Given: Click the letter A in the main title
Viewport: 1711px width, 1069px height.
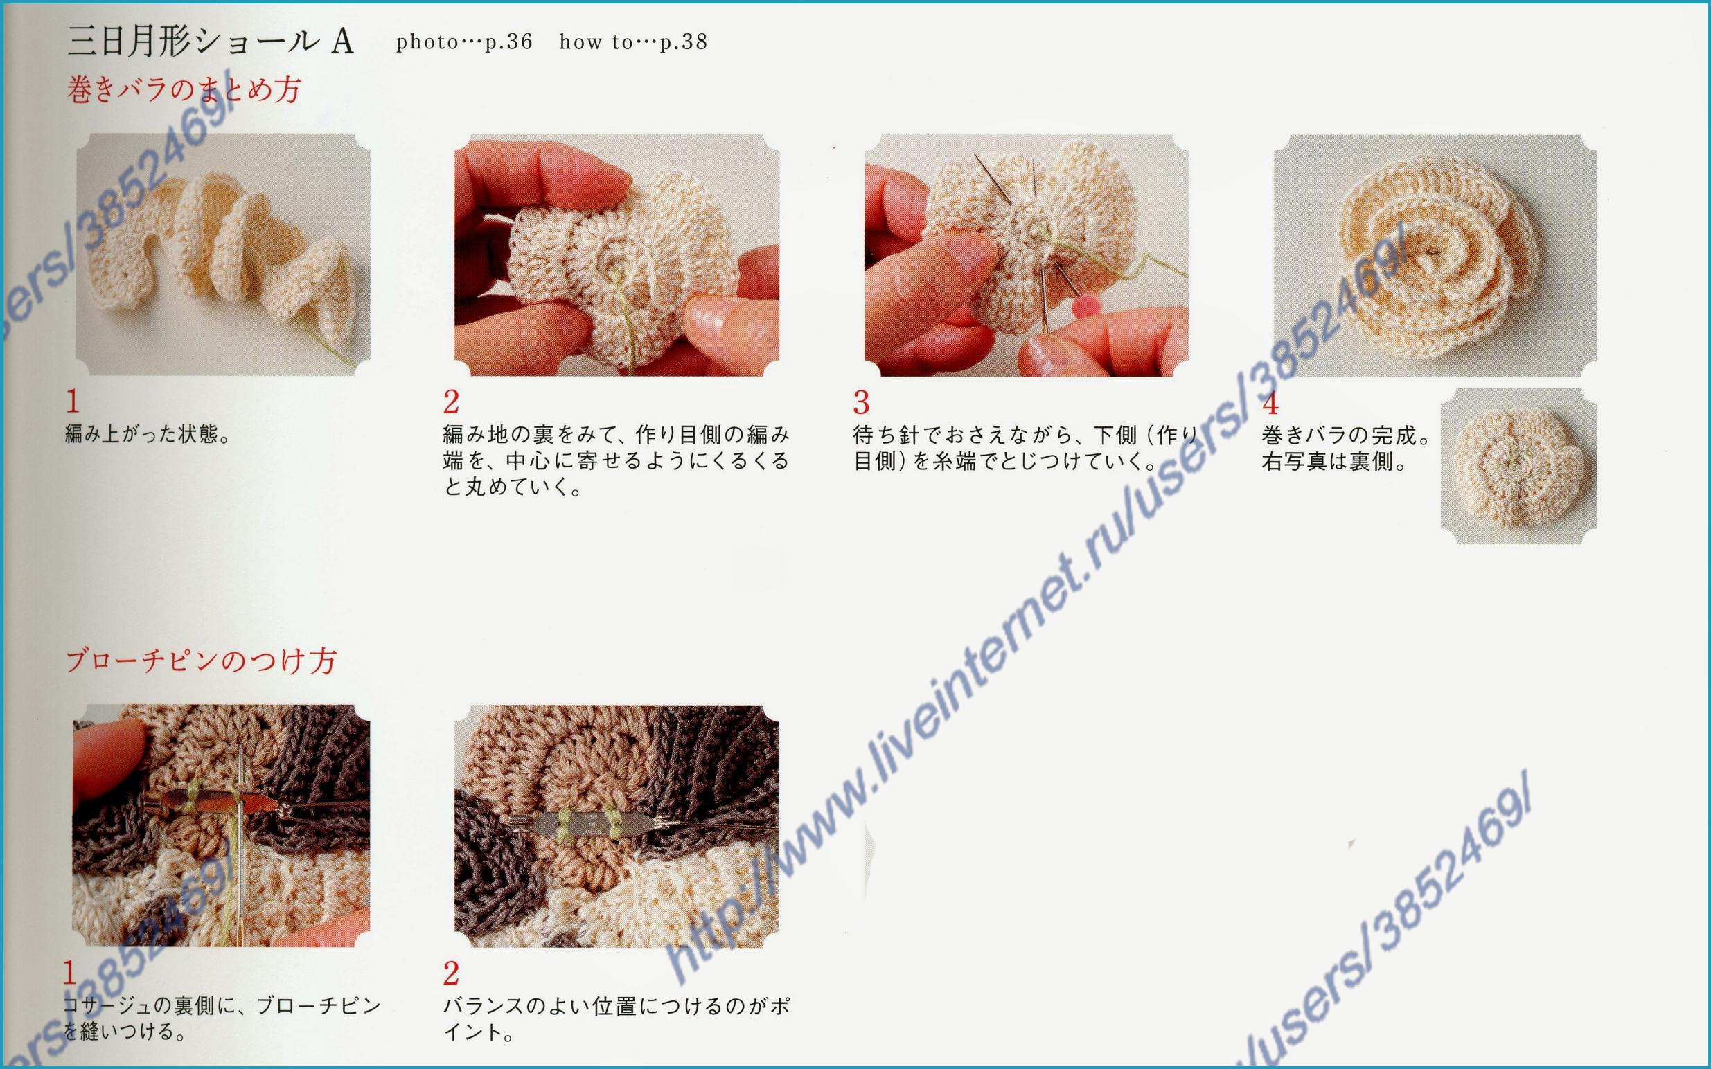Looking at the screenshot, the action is tap(342, 42).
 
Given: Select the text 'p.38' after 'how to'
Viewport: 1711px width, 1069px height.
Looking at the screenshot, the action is tap(684, 42).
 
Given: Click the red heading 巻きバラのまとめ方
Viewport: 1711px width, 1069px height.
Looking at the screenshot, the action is tap(184, 90).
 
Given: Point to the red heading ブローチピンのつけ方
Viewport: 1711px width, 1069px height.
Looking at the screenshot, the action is tap(202, 661).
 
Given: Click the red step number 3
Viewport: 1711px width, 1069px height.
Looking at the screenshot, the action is tap(861, 403).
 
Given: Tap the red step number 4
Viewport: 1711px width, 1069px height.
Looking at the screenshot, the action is tap(1270, 403).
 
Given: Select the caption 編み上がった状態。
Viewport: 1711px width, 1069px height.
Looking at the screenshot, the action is tap(148, 433).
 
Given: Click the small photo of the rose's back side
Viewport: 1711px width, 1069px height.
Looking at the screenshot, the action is tap(1518, 466).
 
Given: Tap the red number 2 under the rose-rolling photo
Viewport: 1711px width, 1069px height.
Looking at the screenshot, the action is tap(451, 402).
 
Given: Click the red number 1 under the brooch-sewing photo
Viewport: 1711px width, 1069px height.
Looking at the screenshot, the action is tap(69, 973).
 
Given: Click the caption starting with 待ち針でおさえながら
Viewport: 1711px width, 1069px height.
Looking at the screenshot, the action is tap(1026, 447).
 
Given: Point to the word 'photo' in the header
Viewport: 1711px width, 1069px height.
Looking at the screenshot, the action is tap(427, 42).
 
